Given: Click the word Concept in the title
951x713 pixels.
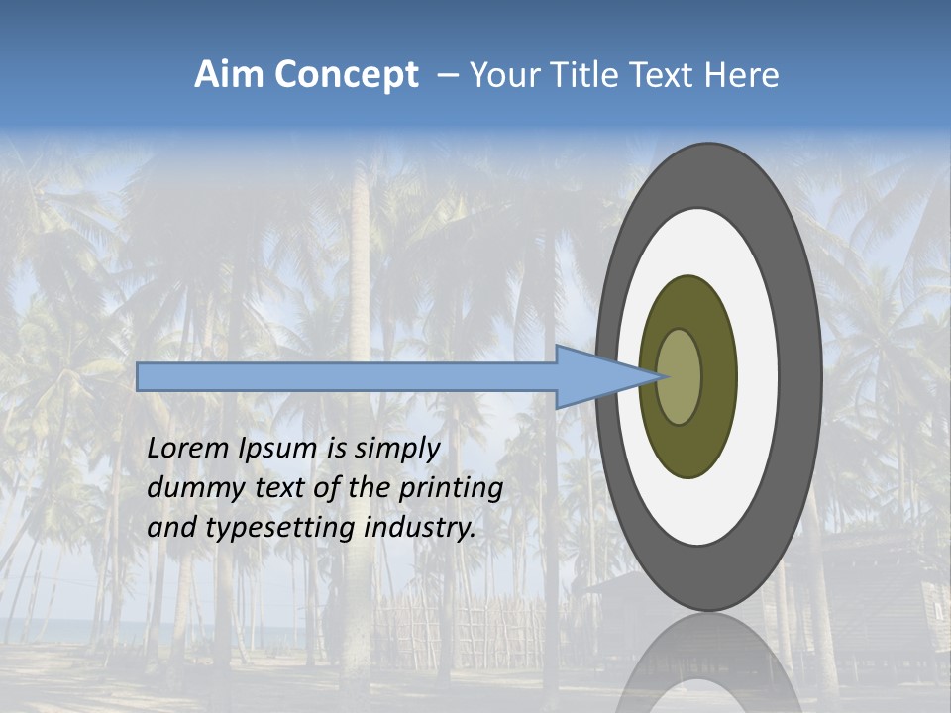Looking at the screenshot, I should tap(346, 75).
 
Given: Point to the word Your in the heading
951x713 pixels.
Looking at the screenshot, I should tap(502, 75).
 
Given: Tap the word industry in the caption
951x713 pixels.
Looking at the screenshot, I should tap(420, 528).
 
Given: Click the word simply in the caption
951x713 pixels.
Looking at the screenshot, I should tap(396, 450).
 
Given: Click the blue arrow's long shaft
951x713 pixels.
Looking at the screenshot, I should tap(347, 377).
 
